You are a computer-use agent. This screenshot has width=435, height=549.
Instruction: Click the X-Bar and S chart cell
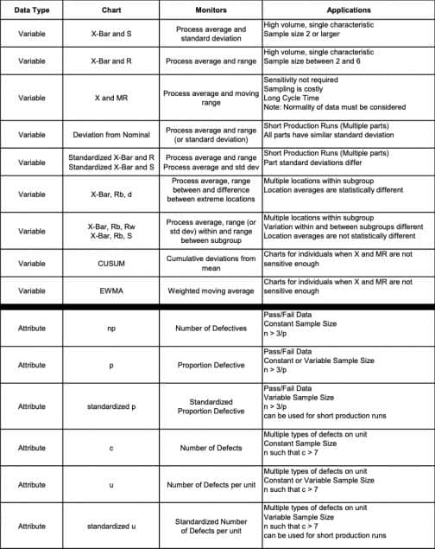point(110,35)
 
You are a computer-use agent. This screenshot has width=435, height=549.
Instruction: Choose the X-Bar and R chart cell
point(110,61)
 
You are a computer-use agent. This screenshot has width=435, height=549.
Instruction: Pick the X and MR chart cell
point(110,98)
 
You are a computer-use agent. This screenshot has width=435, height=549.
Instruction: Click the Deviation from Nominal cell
point(110,135)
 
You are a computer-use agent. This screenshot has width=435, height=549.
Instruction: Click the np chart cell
point(110,329)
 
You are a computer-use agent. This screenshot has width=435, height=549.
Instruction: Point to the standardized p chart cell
point(110,405)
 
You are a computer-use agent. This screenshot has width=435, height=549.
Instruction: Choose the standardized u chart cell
point(110,525)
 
